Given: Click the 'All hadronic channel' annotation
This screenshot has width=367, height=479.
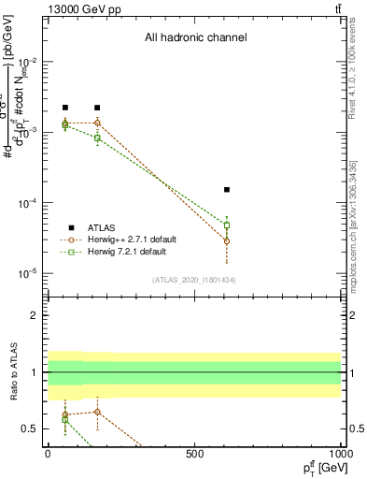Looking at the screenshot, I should coord(195,38).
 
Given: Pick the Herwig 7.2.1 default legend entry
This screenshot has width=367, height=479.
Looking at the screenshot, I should coord(126,252).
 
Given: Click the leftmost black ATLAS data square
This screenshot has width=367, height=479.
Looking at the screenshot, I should coord(65,109).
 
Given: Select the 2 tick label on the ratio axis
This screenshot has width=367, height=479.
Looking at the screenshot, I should coord(35,315).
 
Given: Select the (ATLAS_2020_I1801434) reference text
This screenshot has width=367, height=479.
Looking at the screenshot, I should coord(194,280).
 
